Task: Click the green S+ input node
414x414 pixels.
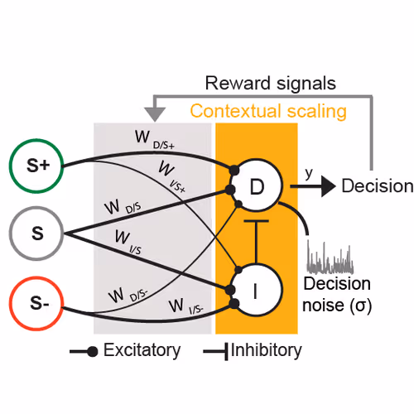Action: click(37, 166)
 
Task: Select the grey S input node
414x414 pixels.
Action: click(37, 232)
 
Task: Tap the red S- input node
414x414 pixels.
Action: click(37, 304)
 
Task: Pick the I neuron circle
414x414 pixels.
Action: click(257, 291)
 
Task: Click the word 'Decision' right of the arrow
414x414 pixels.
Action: click(377, 186)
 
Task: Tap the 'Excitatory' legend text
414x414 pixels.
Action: click(142, 350)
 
